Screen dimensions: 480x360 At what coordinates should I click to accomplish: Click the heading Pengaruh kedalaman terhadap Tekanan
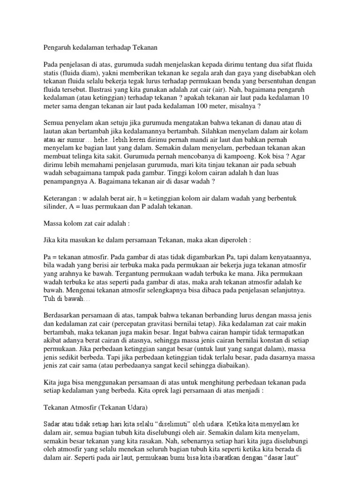coord(100,47)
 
